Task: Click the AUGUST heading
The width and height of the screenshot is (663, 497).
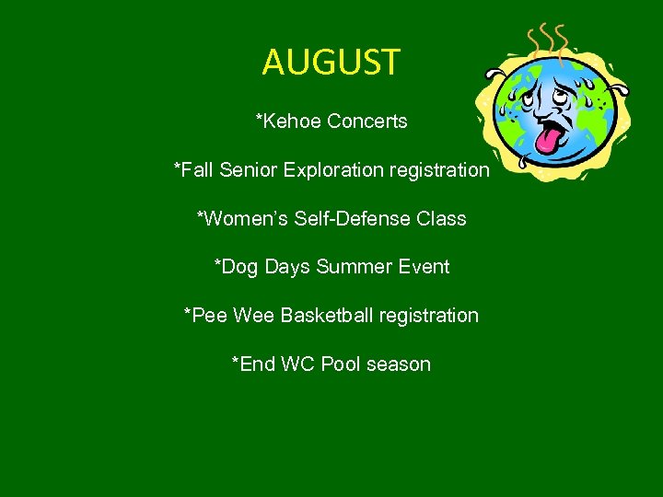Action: tap(331, 63)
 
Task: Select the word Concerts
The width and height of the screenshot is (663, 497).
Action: tap(367, 121)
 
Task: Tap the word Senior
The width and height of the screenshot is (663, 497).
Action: tap(249, 170)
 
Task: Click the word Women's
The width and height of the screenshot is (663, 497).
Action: tap(242, 219)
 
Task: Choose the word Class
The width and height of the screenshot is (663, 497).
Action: tap(442, 219)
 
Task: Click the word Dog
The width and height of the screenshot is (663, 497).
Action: tap(239, 267)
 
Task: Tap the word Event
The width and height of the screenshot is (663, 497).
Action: tap(425, 267)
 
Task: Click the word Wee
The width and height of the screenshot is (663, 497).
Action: tap(253, 316)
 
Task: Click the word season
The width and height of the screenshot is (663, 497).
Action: tap(399, 364)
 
